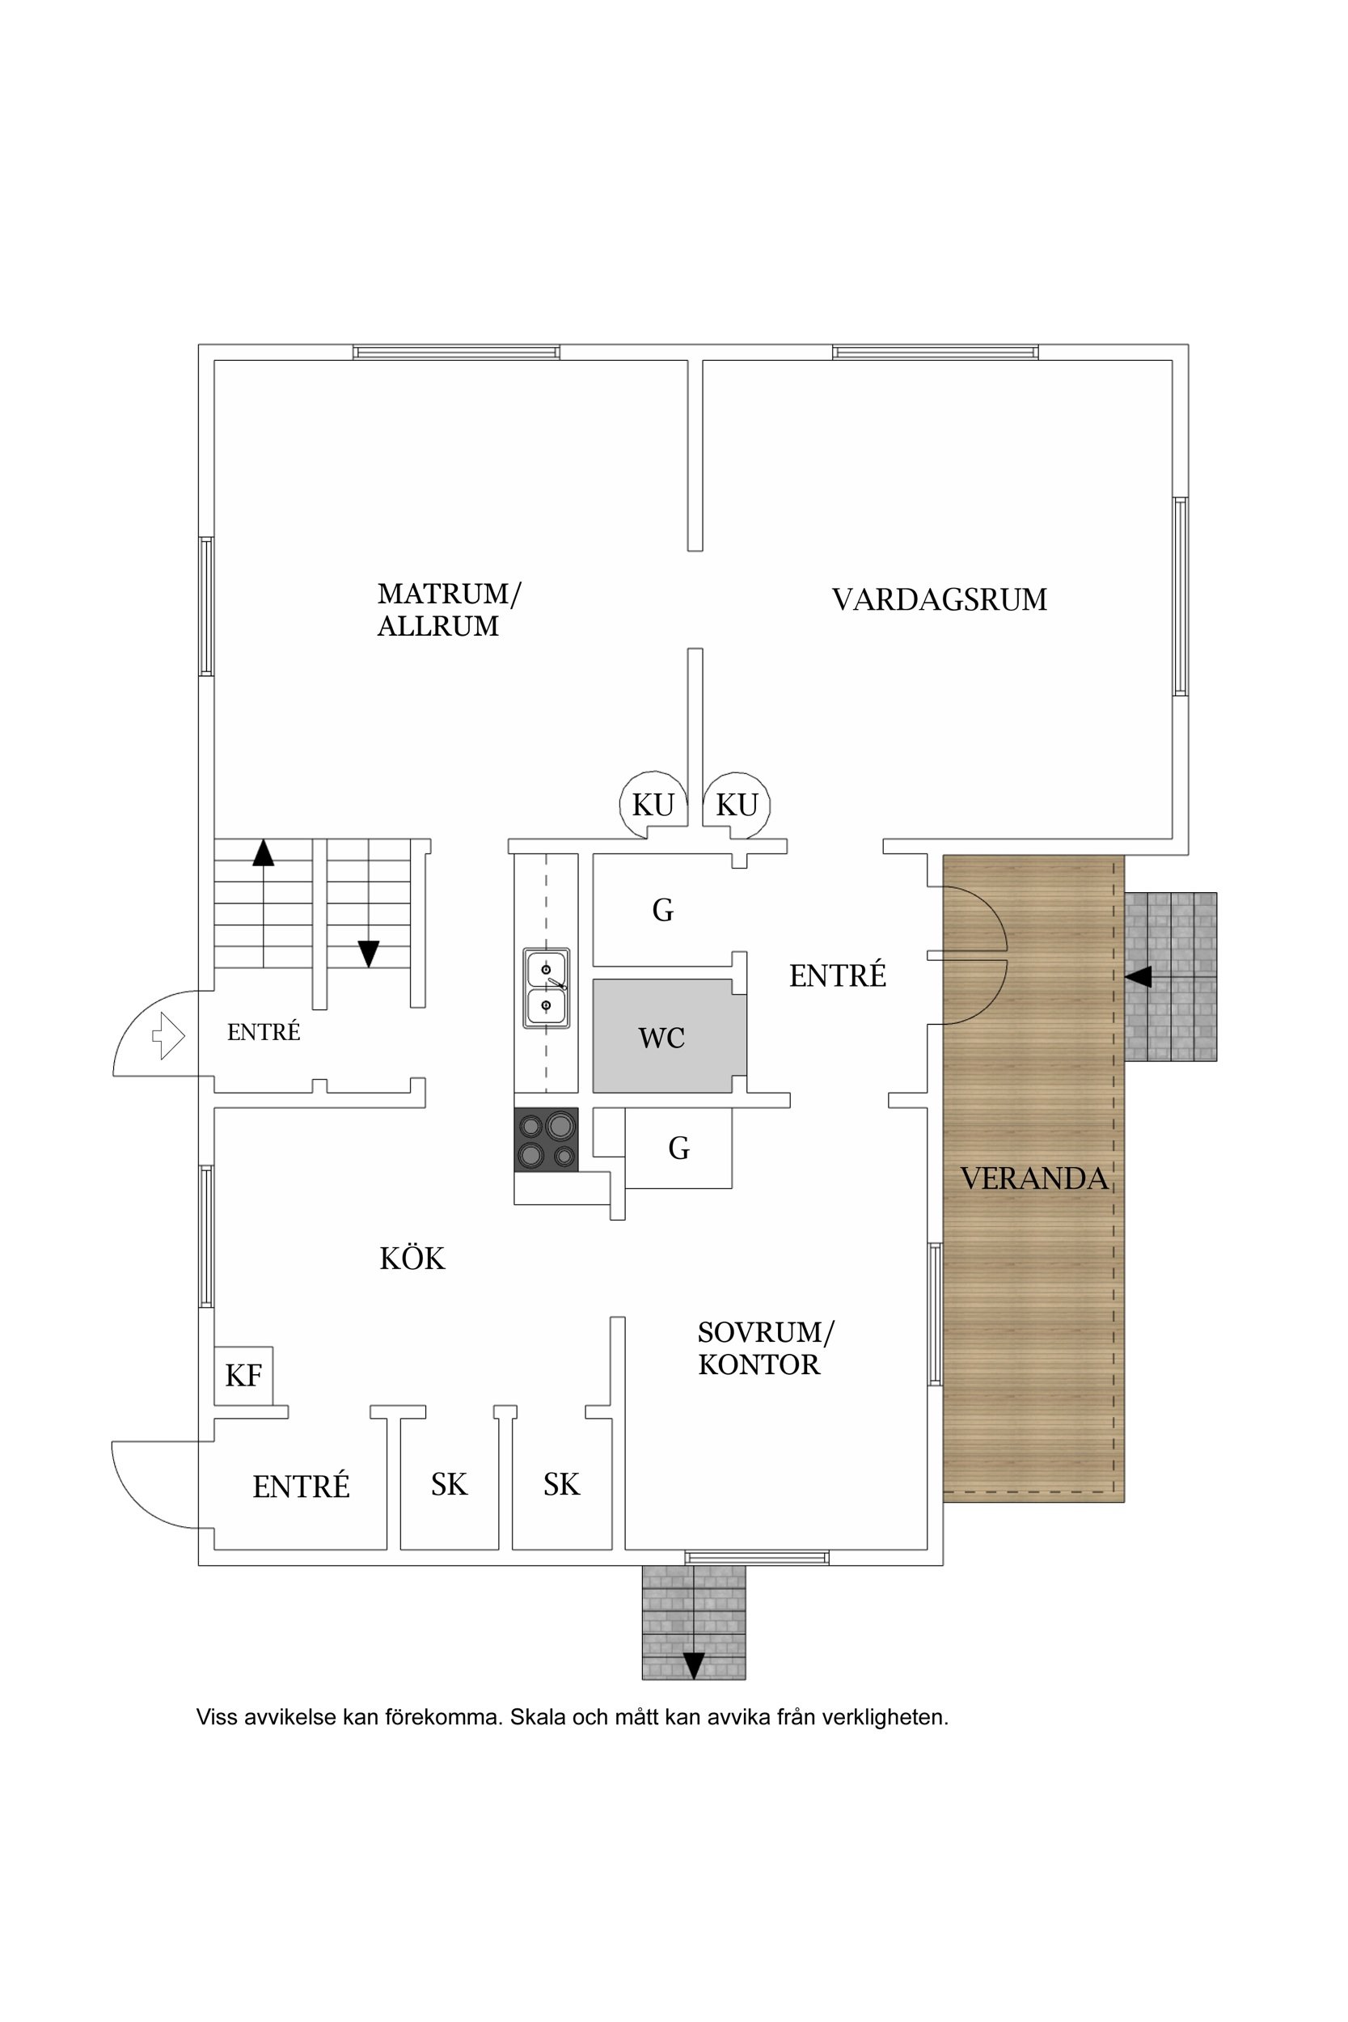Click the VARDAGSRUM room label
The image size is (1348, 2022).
coord(939,599)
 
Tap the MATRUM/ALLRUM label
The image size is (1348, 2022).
coord(449,610)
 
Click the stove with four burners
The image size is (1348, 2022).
coord(546,1139)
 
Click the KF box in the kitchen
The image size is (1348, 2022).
coord(243,1376)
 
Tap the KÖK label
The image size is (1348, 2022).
coord(412,1258)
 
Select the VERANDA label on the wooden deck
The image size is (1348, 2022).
coord(1033,1178)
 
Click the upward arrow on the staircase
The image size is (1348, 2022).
coord(263,852)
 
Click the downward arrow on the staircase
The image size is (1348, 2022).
coord(369,954)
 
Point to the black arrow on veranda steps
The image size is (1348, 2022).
coord(1139,976)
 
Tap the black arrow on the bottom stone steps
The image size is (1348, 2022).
coord(693,1665)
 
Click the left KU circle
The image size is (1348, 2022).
coord(653,805)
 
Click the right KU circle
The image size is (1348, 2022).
coord(737,805)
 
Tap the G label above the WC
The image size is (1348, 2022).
coord(662,910)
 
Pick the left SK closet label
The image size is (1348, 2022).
coord(449,1485)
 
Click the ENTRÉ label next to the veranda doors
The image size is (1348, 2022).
coord(837,975)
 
